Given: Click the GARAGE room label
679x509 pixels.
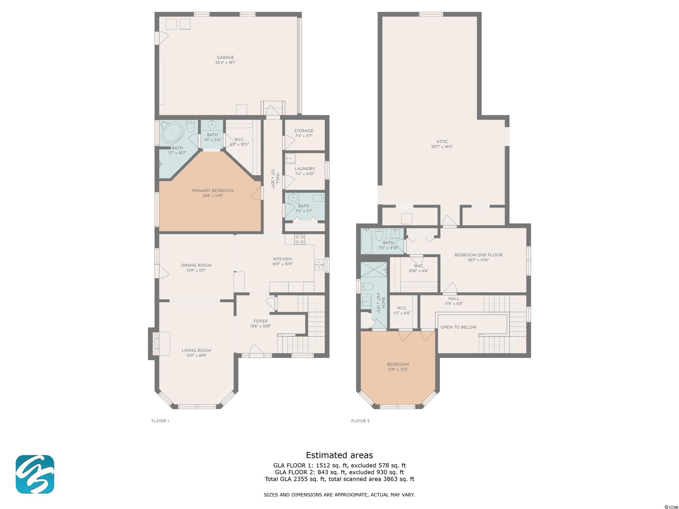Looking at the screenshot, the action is click(x=225, y=57).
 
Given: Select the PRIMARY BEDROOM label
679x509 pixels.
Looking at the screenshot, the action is click(x=213, y=191).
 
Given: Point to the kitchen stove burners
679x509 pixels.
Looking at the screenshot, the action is click(x=300, y=240).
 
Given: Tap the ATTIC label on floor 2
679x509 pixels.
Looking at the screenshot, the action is click(x=442, y=141).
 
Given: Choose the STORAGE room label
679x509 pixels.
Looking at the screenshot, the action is click(x=304, y=131).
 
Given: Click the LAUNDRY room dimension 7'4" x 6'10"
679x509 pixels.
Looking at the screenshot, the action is click(x=305, y=174).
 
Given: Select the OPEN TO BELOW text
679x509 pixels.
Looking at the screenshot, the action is click(x=459, y=327).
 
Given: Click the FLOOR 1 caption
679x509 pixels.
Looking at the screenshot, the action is click(x=160, y=421).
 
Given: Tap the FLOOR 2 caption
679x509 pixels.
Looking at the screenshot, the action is click(x=360, y=421).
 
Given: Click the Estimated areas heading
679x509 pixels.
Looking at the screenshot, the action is click(x=339, y=455).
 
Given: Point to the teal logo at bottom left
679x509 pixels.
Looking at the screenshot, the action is click(x=35, y=474).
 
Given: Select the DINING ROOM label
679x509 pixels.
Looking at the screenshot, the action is click(x=196, y=265).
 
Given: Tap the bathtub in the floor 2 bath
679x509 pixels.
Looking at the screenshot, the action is click(x=367, y=241).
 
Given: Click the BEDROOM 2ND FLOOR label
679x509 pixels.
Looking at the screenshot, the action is click(x=478, y=255).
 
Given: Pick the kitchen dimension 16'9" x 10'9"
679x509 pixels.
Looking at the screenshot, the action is click(x=282, y=264).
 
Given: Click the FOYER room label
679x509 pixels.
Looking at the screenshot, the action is click(x=261, y=321).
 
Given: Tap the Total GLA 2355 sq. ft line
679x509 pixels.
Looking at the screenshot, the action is click(x=339, y=479).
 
